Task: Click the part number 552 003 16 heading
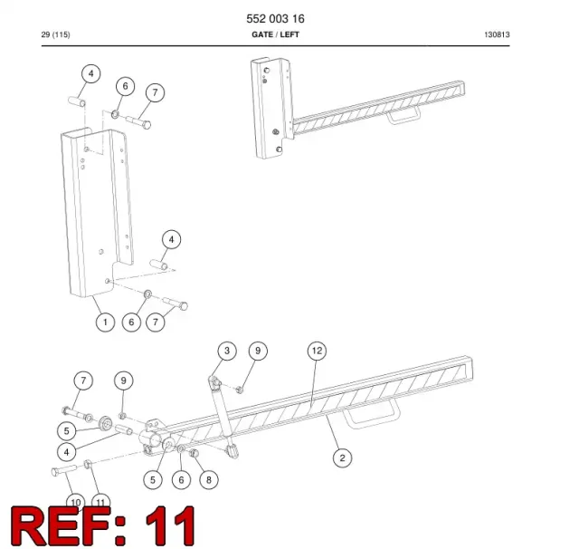[275, 18]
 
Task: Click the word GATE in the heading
[262, 34]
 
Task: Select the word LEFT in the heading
[289, 34]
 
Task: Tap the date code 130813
[497, 34]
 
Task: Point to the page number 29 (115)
[55, 34]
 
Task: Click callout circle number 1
[105, 322]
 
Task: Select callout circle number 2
[342, 457]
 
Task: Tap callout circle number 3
[227, 351]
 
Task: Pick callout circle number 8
[209, 479]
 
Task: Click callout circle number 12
[318, 351]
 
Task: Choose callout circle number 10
[76, 502]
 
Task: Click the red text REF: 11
[102, 525]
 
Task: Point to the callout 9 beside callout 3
[258, 351]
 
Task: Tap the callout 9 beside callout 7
[124, 380]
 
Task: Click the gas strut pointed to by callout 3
[223, 417]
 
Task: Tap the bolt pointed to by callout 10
[64, 470]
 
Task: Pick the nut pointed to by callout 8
[194, 453]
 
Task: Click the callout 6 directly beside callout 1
[131, 322]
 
